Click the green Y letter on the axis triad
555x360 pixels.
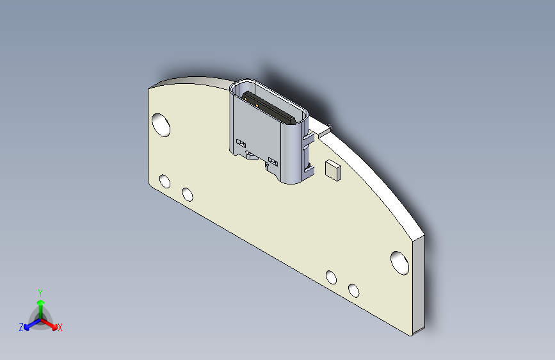[x=40, y=291]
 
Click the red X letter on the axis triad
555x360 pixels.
[x=60, y=328]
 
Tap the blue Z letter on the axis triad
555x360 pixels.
[x=21, y=327]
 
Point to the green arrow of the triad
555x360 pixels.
[x=40, y=304]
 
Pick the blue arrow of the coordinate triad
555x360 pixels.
[x=29, y=324]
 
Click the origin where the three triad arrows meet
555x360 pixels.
[x=40, y=318]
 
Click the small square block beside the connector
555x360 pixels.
[x=333, y=170]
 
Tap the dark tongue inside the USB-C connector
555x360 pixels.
[x=269, y=107]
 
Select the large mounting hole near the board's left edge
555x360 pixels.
[x=161, y=124]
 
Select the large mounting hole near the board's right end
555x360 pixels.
[x=400, y=263]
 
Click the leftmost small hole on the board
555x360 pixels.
[x=165, y=181]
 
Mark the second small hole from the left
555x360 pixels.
[x=188, y=193]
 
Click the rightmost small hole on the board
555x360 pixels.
[x=353, y=290]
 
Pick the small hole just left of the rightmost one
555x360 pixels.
[x=331, y=277]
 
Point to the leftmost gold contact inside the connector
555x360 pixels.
[x=245, y=98]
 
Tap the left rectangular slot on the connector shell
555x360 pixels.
[x=241, y=142]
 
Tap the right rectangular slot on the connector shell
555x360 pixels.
[x=273, y=161]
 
